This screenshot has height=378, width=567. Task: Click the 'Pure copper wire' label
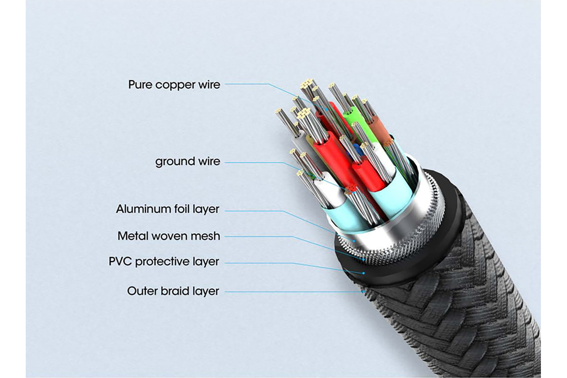(x=174, y=84)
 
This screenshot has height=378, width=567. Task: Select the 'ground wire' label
(x=187, y=161)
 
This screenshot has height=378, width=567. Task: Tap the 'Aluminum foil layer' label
(x=167, y=209)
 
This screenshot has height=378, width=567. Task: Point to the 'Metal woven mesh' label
(x=169, y=236)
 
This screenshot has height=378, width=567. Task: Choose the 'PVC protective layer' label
(x=164, y=261)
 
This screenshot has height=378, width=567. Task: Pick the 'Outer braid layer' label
(x=173, y=291)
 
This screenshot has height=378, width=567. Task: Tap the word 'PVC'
(x=120, y=261)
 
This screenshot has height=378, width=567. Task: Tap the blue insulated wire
(x=357, y=149)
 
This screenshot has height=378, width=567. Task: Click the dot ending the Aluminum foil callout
(x=353, y=240)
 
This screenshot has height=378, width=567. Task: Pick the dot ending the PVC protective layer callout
(x=364, y=273)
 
